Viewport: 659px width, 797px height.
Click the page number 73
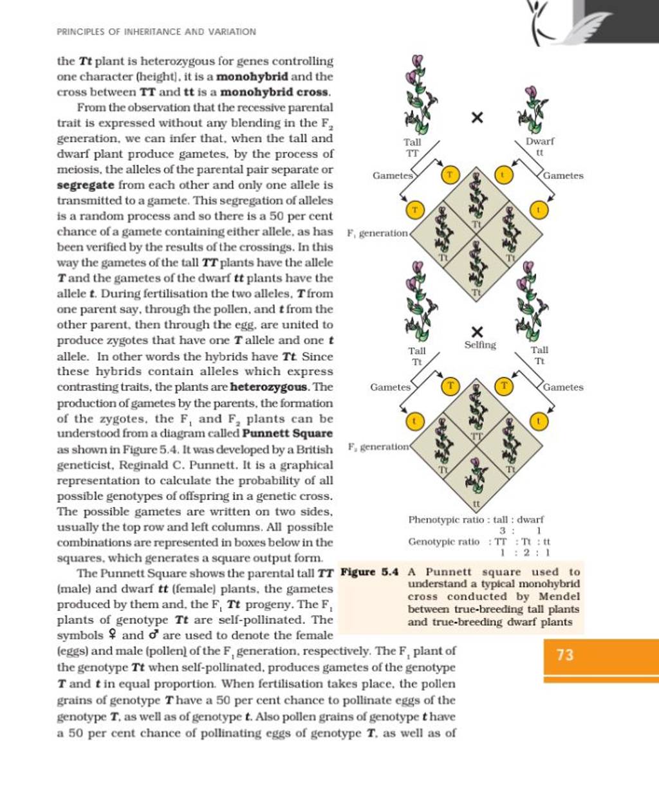(564, 655)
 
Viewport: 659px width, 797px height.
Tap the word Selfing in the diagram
(480, 345)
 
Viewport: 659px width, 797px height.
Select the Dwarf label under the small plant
(539, 141)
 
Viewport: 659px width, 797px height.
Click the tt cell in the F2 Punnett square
(476, 504)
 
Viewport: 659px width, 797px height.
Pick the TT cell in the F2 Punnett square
(476, 435)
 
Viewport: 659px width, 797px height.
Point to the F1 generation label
(377, 234)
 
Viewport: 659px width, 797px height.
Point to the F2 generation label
(378, 446)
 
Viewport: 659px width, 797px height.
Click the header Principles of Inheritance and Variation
(156, 32)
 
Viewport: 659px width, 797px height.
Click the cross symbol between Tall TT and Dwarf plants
(476, 117)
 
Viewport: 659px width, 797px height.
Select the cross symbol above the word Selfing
(476, 331)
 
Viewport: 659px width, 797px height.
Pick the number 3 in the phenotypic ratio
(503, 531)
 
